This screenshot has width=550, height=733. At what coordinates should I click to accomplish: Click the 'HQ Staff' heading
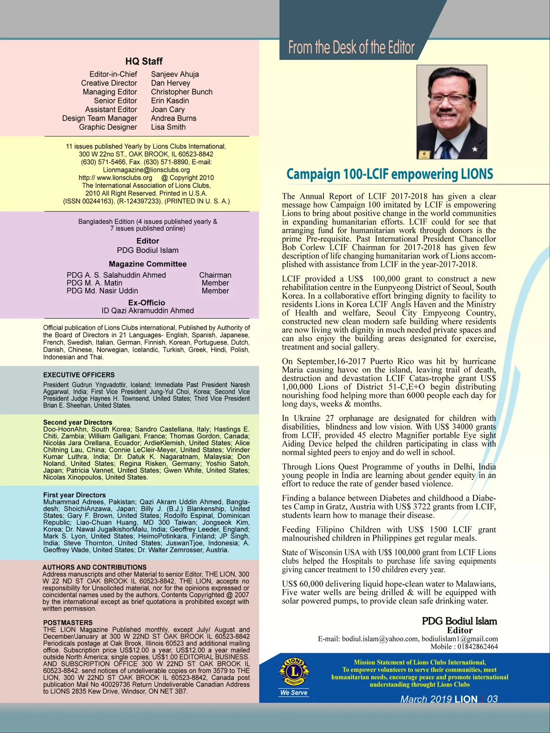[x=144, y=61]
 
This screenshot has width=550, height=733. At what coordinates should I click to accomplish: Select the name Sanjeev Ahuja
[x=175, y=74]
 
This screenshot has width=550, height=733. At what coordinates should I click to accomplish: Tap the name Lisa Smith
[x=168, y=127]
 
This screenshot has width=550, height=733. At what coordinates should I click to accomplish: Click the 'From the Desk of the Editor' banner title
[x=351, y=47]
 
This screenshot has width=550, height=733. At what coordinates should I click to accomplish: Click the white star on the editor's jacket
[x=475, y=149]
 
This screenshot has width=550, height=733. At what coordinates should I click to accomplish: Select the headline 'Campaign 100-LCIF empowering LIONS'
[x=390, y=174]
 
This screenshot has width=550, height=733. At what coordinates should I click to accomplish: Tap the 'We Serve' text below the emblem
[x=294, y=693]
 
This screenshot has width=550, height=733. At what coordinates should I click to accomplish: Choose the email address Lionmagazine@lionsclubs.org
[x=146, y=170]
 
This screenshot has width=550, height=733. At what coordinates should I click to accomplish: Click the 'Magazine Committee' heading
[x=148, y=264]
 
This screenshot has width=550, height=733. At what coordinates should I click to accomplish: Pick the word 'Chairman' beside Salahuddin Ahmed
[x=215, y=275]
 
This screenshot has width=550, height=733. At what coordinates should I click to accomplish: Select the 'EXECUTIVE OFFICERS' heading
[x=79, y=375]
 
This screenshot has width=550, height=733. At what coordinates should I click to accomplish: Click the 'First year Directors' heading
[x=74, y=495]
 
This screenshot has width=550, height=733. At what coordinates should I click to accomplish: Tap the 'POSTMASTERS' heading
[x=68, y=623]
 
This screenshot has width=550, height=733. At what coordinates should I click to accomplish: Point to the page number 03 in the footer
[x=492, y=699]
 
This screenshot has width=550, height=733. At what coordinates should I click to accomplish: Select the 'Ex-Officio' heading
[x=147, y=302]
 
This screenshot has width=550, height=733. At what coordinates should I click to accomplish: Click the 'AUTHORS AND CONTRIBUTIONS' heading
[x=94, y=567]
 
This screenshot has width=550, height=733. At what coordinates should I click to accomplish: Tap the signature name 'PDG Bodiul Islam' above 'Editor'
[x=459, y=621]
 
